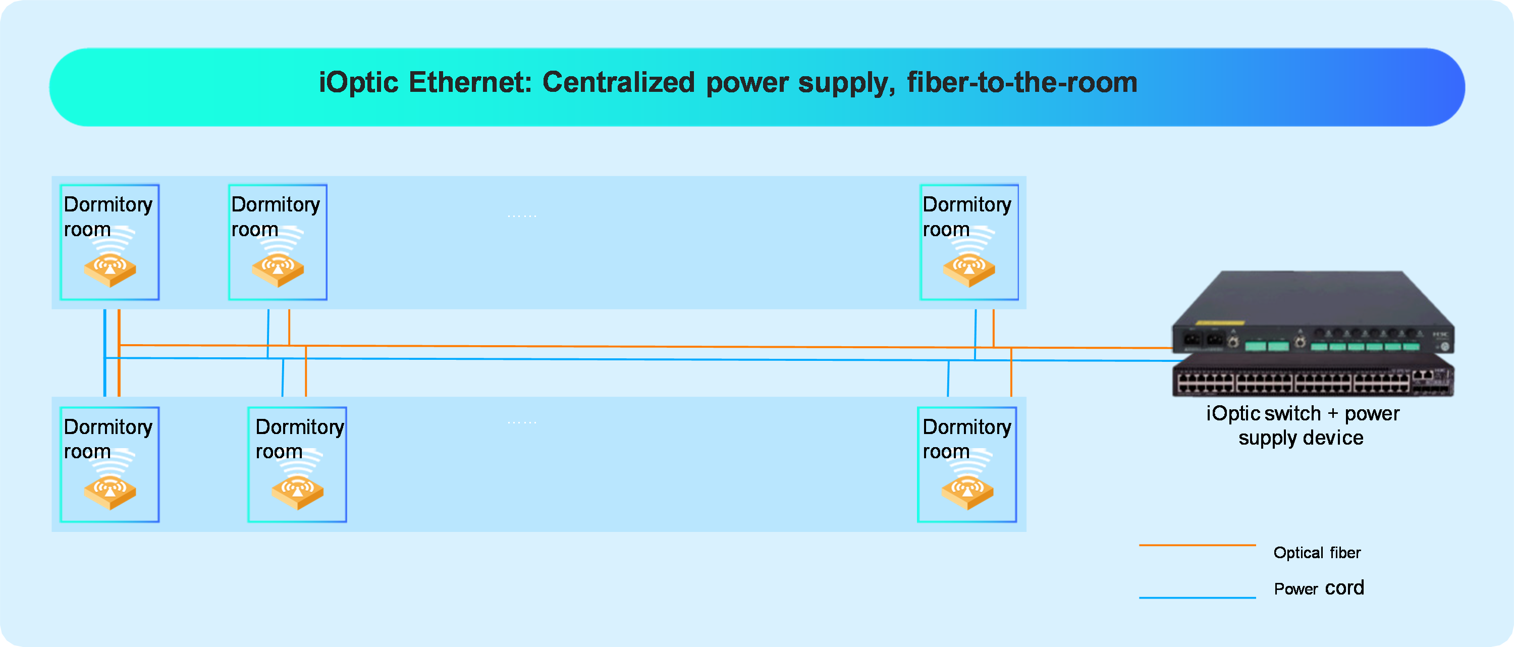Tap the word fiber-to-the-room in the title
(1022, 82)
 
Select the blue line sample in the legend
(1197, 598)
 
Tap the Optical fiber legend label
(1317, 553)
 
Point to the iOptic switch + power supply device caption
(1303, 425)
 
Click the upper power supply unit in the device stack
(1313, 312)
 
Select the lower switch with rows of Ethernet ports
(1313, 375)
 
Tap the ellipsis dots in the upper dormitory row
(522, 216)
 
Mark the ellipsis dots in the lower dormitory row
(522, 422)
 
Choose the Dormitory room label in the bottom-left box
(108, 439)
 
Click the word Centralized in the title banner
(618, 82)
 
